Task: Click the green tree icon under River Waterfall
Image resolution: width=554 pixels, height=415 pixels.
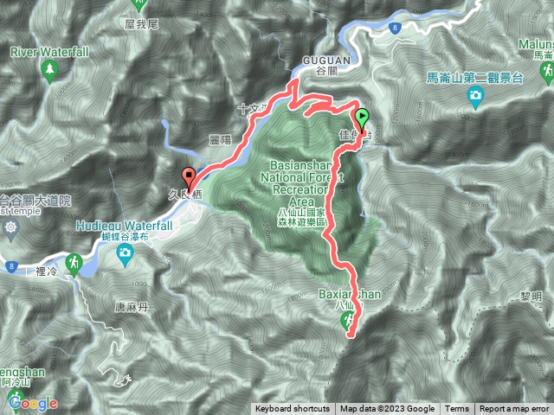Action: (49, 68)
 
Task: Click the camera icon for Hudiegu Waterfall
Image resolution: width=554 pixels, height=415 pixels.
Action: (126, 253)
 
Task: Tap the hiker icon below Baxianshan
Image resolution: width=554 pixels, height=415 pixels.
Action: (348, 320)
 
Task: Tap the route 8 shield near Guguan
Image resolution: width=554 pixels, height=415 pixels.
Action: (394, 29)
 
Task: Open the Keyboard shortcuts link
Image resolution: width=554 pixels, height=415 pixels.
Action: (292, 409)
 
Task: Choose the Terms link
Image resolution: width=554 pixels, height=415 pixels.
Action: (457, 409)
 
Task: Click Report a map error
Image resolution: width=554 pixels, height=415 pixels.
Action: (514, 409)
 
